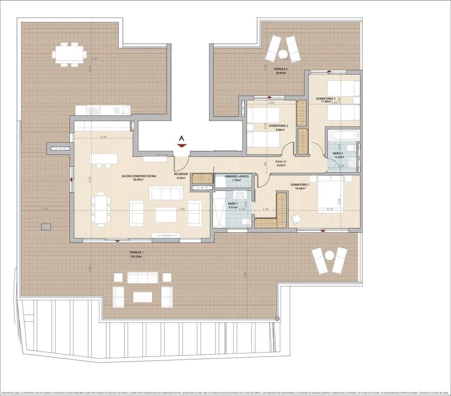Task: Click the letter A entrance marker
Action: [182, 138]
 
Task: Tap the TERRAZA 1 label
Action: [136, 252]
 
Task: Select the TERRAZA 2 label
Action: [281, 68]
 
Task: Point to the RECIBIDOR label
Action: [181, 174]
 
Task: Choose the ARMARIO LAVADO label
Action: [237, 176]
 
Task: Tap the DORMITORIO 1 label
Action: [300, 184]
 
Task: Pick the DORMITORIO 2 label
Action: [278, 125]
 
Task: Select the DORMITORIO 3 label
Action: [326, 98]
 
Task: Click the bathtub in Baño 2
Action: [344, 135]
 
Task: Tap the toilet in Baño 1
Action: [245, 222]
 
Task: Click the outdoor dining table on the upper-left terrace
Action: [69, 54]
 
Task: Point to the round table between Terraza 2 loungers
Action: [283, 54]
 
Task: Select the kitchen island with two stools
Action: [103, 158]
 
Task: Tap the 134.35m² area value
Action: [136, 257]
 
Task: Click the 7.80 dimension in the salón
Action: [181, 209]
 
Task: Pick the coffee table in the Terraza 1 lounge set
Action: [143, 297]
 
